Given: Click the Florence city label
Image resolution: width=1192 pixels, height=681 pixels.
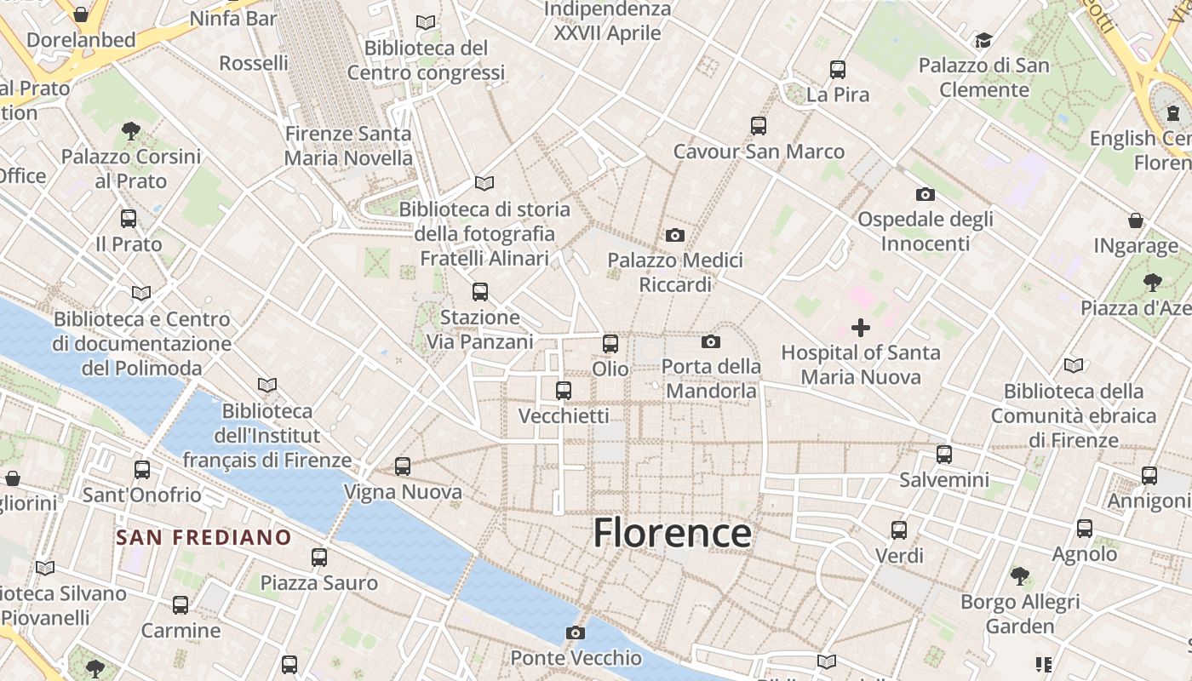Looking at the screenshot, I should point(672,534).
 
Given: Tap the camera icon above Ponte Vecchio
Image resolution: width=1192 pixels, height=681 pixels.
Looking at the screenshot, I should point(576,632).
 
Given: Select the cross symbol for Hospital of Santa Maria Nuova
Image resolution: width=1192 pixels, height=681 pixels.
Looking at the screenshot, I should point(861,328).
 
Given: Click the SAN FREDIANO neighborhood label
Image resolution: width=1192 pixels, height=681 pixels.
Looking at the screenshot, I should point(203,538).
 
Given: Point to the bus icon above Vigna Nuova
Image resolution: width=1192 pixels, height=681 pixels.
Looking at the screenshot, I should point(403,466).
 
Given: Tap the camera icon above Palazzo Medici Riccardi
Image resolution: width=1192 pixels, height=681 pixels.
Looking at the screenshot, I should point(675,235).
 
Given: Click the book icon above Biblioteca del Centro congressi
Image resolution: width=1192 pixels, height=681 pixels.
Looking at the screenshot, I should point(426,22).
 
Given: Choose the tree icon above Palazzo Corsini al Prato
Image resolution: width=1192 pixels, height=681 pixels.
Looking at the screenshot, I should point(131,131).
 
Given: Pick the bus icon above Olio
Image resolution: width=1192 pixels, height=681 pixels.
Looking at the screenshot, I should point(610,344).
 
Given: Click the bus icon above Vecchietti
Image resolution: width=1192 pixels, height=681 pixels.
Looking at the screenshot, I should point(564,391).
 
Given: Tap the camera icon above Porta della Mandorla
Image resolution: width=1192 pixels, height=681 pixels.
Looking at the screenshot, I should point(711,342).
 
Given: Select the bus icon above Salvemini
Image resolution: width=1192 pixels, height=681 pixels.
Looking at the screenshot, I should point(944,455).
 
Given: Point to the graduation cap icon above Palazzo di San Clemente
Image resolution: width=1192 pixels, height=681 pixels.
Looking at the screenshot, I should point(983,40).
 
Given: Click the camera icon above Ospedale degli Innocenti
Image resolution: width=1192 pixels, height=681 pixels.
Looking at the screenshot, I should point(926,195).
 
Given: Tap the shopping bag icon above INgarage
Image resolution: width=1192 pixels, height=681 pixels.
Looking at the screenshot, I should point(1136,220).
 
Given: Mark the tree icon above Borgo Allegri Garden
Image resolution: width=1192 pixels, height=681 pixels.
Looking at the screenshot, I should point(1020,576).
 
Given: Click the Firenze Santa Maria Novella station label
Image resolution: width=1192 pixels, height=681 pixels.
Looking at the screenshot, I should point(348,146).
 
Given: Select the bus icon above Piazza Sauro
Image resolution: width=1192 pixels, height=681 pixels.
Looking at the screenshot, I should point(319,558).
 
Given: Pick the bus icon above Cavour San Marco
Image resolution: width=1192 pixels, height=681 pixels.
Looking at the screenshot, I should point(759,126).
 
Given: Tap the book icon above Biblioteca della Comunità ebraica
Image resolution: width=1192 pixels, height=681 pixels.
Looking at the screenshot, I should point(1074,366).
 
